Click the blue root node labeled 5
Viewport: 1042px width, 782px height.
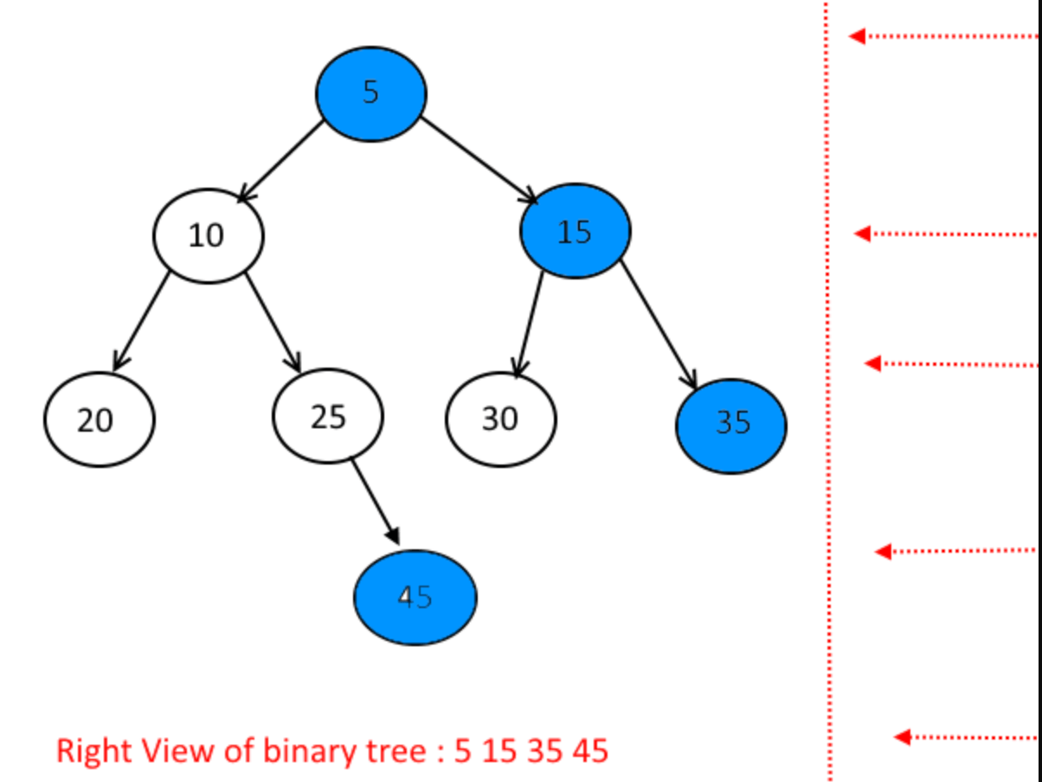tap(370, 93)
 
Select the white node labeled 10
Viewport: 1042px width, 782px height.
tap(208, 234)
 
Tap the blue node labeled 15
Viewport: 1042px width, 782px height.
tap(575, 231)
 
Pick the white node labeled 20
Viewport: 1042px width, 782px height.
tap(99, 420)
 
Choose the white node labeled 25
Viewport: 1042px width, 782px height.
tap(327, 416)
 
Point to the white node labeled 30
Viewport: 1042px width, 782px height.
tap(500, 419)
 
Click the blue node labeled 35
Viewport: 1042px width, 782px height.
tap(730, 425)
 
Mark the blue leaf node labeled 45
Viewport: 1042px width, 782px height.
tap(415, 597)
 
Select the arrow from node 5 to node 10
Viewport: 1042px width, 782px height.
tap(281, 161)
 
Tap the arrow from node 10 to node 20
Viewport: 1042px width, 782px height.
tap(141, 320)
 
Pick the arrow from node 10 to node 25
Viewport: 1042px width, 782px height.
tap(273, 322)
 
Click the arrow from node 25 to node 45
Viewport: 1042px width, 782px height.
tap(375, 502)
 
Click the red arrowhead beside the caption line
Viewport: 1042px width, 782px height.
tap(902, 737)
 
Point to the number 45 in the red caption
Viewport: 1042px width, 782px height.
tap(589, 750)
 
